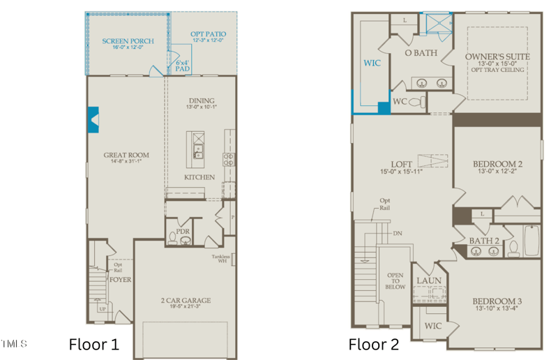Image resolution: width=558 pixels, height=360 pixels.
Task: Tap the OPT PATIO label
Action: [208, 34]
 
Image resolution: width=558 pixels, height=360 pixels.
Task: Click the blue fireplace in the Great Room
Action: [93, 119]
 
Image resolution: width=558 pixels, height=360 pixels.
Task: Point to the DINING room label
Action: [200, 100]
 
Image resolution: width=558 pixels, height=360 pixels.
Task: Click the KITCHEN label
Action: [199, 177]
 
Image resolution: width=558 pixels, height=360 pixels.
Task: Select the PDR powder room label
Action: [183, 230]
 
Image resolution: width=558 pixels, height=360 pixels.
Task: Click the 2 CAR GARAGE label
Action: [185, 301]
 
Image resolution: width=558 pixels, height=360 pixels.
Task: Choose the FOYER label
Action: [120, 280]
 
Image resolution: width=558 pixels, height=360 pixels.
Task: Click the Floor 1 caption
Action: [93, 344]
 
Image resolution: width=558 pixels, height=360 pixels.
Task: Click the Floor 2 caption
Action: [374, 344]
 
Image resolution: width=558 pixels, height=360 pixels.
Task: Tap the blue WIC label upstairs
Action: [372, 62]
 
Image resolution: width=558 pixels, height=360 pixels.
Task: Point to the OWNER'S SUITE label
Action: [497, 57]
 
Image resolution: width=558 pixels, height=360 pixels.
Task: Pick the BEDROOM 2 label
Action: [497, 163]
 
